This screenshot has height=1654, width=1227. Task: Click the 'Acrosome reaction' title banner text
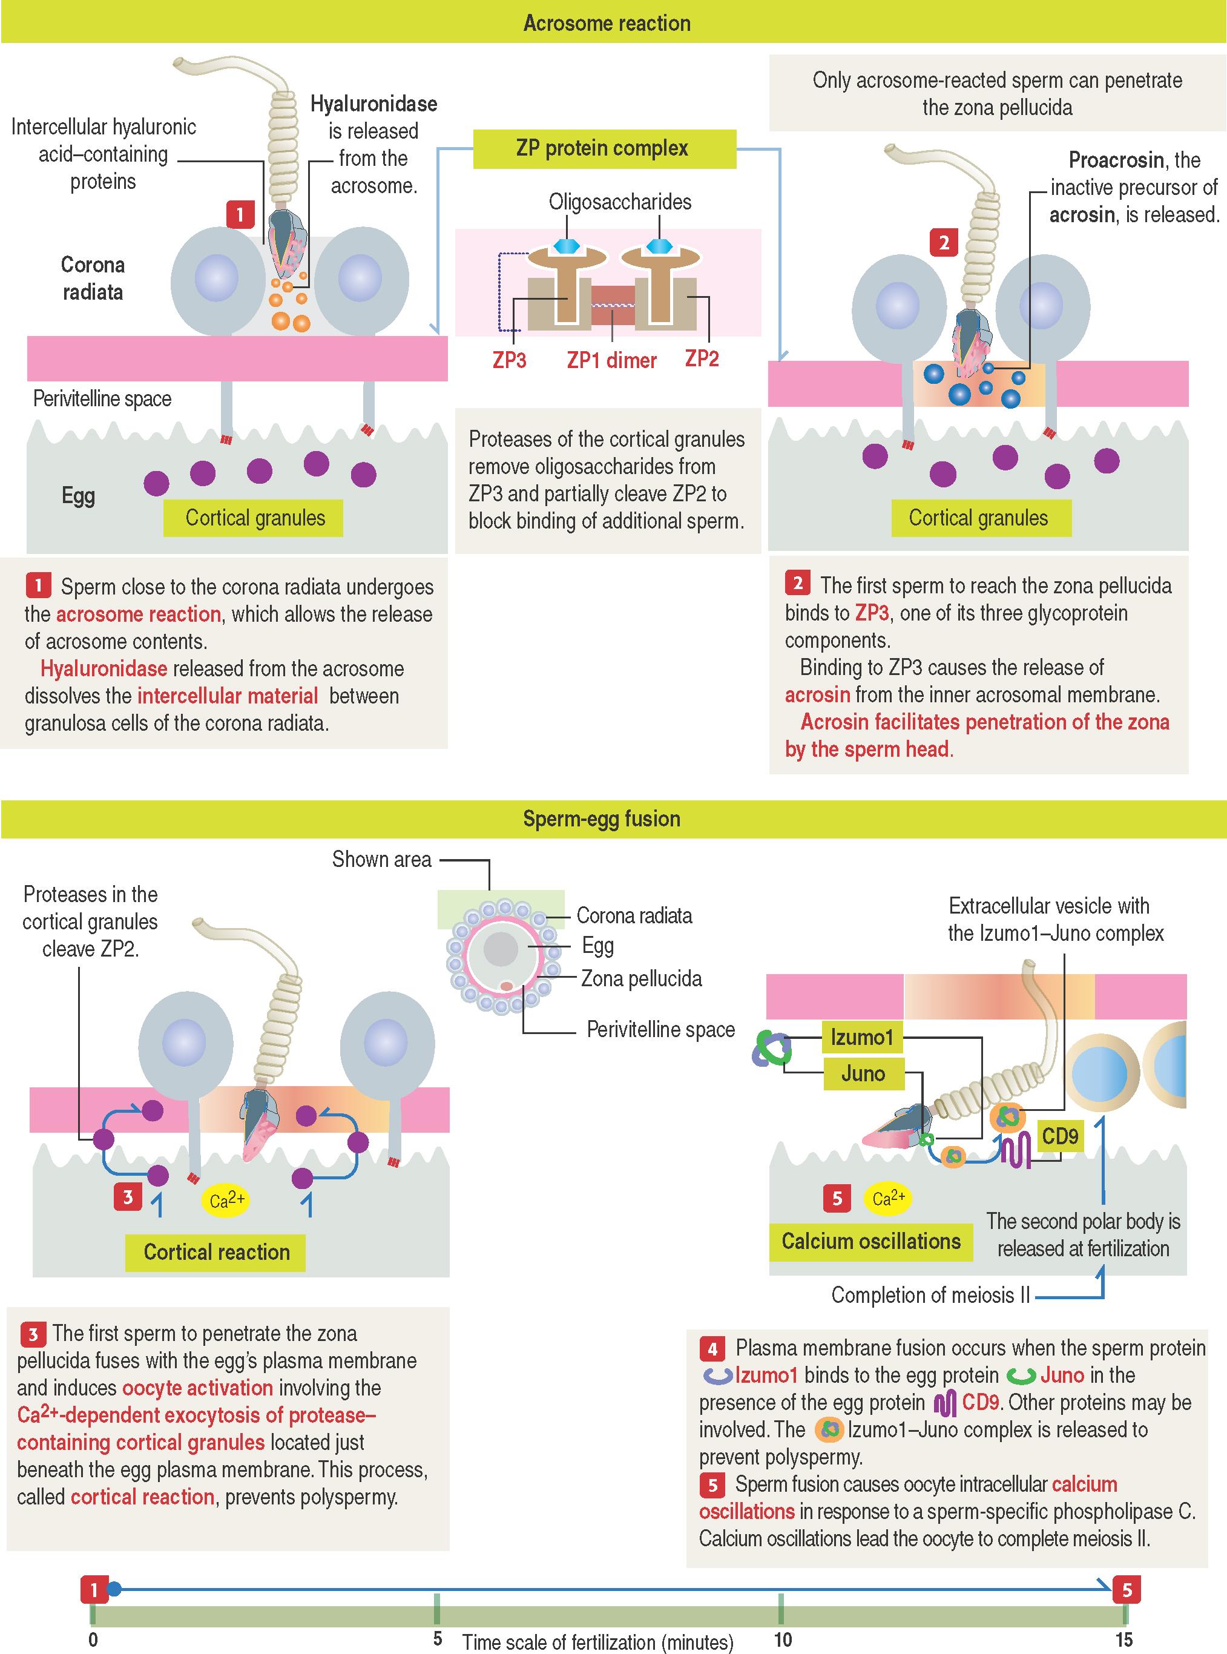pyautogui.click(x=607, y=23)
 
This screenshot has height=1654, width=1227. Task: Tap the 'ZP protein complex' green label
pyautogui.click(x=602, y=148)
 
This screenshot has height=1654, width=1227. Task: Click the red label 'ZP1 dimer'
pyautogui.click(x=611, y=361)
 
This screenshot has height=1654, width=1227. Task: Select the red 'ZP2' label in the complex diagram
pyautogui.click(x=702, y=359)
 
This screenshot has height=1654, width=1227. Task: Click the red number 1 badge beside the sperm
pyautogui.click(x=240, y=216)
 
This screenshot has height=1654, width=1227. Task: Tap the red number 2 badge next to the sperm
pyautogui.click(x=943, y=243)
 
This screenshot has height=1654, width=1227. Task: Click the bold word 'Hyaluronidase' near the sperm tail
pyautogui.click(x=373, y=104)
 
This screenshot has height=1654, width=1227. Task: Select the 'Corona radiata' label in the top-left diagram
pyautogui.click(x=92, y=278)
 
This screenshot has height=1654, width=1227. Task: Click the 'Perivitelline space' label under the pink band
pyautogui.click(x=102, y=399)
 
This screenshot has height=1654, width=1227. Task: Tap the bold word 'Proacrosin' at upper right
pyautogui.click(x=1116, y=160)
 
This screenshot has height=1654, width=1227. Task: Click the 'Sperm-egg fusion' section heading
pyautogui.click(x=601, y=819)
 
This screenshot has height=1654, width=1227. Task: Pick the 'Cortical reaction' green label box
pyautogui.click(x=216, y=1252)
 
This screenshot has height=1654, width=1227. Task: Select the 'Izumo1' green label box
pyautogui.click(x=863, y=1037)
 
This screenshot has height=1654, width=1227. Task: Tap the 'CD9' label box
pyautogui.click(x=1060, y=1136)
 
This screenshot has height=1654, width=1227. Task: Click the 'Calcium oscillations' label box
pyautogui.click(x=870, y=1241)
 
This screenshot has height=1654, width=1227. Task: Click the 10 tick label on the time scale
pyautogui.click(x=783, y=1639)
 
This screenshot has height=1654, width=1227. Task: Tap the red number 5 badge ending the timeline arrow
pyautogui.click(x=1127, y=1590)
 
